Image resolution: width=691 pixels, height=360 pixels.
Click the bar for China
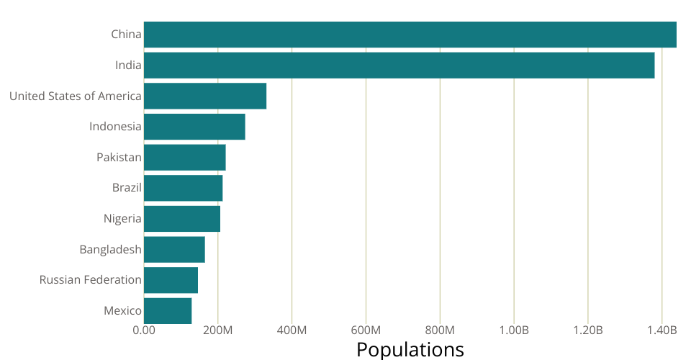click(x=410, y=35)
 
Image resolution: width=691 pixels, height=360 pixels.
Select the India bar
click(x=399, y=66)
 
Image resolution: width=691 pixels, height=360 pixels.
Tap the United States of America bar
click(x=205, y=96)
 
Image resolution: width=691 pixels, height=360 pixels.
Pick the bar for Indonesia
click(x=194, y=127)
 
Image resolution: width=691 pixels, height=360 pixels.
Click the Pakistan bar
click(x=185, y=158)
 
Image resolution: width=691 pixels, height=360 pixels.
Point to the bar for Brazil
click(x=184, y=188)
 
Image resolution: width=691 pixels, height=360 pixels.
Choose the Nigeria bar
click(x=182, y=219)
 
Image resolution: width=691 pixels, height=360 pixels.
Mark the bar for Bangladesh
click(x=174, y=250)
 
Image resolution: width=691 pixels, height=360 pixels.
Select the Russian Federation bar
click(x=171, y=280)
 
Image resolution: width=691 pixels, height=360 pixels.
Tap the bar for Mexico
click(x=168, y=311)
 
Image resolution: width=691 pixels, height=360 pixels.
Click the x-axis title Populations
click(x=410, y=350)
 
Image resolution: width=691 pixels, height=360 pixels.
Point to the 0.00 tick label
click(x=144, y=330)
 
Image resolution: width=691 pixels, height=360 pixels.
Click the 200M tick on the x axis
click(x=218, y=330)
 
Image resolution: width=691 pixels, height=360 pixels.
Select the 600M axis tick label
click(x=366, y=330)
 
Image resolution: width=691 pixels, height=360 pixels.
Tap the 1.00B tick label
click(x=514, y=330)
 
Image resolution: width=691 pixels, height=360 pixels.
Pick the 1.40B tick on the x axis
click(x=662, y=330)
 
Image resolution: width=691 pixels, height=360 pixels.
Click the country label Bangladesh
click(x=110, y=250)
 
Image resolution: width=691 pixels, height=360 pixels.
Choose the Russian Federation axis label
click(x=91, y=280)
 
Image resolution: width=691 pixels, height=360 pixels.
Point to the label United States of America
click(x=76, y=96)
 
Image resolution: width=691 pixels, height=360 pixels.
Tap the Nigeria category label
click(x=122, y=219)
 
